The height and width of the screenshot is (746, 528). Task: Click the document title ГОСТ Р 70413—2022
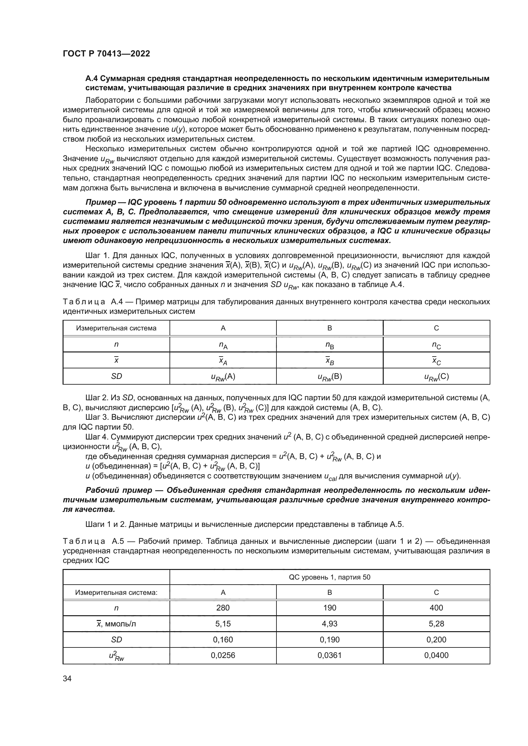(106, 54)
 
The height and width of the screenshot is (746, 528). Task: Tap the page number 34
(67, 678)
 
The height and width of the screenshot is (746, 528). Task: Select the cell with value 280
(223, 608)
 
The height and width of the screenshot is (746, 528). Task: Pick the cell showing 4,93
(329, 624)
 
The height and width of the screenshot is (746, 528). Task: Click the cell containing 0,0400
(436, 655)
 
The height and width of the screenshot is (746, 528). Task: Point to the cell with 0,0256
(223, 655)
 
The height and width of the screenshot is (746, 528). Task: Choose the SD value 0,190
(329, 639)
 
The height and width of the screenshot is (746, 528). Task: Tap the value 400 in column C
(436, 608)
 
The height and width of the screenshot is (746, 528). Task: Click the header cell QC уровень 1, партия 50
(329, 577)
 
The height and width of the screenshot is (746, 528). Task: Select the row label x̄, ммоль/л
(116, 624)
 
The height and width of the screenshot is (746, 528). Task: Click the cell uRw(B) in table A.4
(329, 377)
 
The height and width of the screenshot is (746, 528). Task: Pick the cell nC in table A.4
(436, 345)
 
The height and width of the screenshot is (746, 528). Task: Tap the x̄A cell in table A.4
(223, 361)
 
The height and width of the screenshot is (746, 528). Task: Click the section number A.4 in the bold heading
(91, 79)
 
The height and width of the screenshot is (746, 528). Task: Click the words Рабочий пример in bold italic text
(119, 490)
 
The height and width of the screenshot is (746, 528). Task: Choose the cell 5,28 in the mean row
(436, 624)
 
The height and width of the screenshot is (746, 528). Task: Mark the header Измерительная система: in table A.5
(116, 592)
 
